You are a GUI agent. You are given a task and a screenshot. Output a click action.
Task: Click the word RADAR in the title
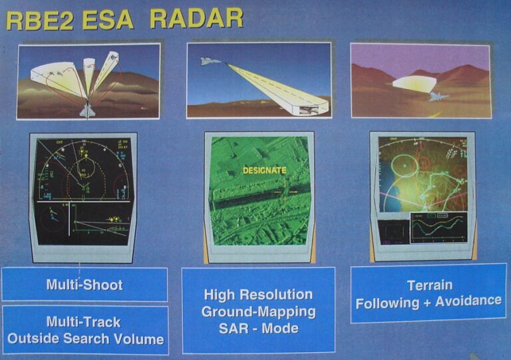(196, 18)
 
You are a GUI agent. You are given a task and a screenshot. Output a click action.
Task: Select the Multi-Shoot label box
(85, 284)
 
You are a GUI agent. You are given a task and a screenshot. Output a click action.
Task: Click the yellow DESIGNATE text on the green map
(264, 170)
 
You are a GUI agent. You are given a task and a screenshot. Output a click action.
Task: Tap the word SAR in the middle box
(235, 328)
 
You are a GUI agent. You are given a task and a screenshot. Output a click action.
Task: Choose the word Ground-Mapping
(259, 311)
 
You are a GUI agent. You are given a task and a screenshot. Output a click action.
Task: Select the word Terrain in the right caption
(429, 285)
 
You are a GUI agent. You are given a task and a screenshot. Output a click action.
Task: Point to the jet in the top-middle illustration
(210, 61)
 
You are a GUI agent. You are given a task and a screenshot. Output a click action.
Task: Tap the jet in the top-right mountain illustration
(438, 96)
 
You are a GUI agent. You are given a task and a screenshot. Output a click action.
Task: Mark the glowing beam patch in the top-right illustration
(413, 84)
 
